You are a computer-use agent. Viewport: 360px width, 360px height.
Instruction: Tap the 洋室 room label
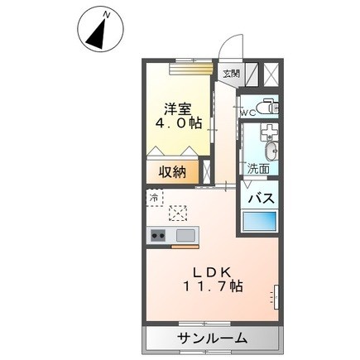pyautogui.click(x=177, y=107)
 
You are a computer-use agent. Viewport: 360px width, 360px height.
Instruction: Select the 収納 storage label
pyautogui.click(x=173, y=173)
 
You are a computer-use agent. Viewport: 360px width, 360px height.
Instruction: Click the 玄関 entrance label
pyautogui.click(x=231, y=73)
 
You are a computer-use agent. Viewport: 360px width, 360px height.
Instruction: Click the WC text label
pyautogui.click(x=247, y=112)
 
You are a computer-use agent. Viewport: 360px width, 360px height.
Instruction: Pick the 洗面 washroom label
pyautogui.click(x=258, y=168)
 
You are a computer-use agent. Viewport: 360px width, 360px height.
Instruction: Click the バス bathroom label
pyautogui.click(x=262, y=199)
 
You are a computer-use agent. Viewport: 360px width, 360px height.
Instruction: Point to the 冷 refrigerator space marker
pyautogui.click(x=154, y=198)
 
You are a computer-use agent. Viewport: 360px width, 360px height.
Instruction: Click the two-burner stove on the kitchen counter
pyautogui.click(x=158, y=237)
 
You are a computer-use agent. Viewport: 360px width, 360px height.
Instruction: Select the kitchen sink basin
pyautogui.click(x=185, y=237)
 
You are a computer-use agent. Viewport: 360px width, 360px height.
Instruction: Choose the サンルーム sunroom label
pyautogui.click(x=211, y=338)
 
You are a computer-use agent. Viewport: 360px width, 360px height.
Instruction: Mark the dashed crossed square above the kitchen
pyautogui.click(x=177, y=214)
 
